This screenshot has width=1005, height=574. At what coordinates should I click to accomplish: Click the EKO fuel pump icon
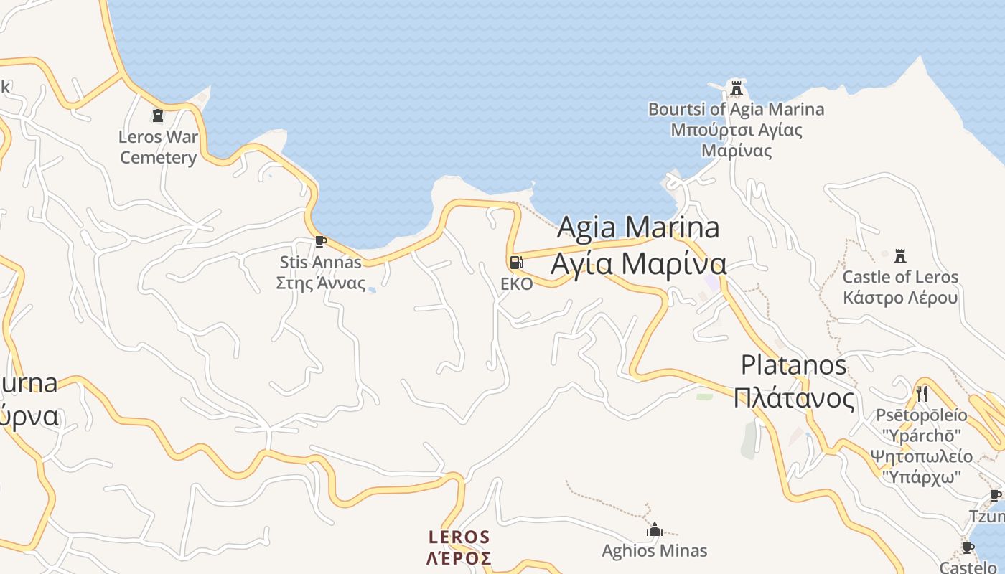pos(516,263)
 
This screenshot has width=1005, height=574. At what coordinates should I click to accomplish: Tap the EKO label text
pos(517,284)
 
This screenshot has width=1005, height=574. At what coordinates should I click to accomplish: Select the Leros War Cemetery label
pos(158,147)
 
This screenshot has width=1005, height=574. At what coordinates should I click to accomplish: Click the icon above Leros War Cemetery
pos(158,115)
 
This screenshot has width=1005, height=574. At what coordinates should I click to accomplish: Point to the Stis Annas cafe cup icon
pos(320,241)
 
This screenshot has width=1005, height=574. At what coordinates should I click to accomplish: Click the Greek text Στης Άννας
pos(321,283)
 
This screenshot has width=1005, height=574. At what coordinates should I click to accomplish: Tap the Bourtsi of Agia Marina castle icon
pos(736,88)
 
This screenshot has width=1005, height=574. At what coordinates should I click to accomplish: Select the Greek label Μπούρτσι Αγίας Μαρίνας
pos(737,141)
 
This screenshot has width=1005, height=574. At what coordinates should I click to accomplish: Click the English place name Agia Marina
pos(638,227)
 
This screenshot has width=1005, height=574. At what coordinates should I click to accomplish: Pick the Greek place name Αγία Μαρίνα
pos(638,263)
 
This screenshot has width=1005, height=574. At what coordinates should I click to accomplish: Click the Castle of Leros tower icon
pos(900,256)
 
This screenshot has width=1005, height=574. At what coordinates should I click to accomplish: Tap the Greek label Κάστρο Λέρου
pos(900,298)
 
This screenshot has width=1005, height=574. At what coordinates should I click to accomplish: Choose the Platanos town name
pos(794,364)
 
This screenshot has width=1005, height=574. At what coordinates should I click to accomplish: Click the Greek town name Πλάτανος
pos(794,397)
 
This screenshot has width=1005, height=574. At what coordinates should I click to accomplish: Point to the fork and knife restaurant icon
pos(922,393)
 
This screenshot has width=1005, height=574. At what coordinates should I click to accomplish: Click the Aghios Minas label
pos(654,551)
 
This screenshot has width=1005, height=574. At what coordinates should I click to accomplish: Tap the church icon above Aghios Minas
pos(654,530)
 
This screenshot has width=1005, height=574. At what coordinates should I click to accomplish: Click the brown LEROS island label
pos(459,537)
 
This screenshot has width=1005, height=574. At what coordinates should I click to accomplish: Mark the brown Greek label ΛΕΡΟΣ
pos(459,558)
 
